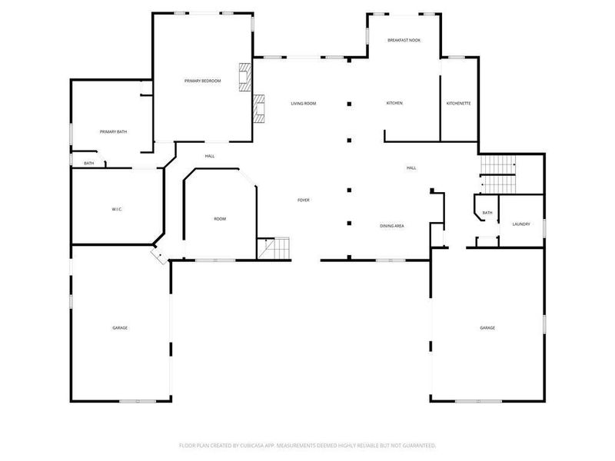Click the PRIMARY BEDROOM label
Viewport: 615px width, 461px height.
(x=202, y=81)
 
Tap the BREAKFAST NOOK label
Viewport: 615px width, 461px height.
(x=404, y=40)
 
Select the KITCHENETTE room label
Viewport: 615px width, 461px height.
(x=459, y=104)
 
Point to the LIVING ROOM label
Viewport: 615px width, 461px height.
(x=303, y=104)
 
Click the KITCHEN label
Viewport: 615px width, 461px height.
(x=394, y=104)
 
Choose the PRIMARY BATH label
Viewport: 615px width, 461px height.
(x=113, y=132)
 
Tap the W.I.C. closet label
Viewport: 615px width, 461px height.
(x=118, y=210)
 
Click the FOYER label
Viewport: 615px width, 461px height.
(x=304, y=201)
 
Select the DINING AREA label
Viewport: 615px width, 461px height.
(x=392, y=226)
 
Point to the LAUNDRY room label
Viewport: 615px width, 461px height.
(x=521, y=224)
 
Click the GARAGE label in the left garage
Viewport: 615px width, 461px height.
(x=120, y=328)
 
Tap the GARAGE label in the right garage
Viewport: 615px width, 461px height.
(x=487, y=328)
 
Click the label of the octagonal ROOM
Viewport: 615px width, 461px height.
(x=220, y=220)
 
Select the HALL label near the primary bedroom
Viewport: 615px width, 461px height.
(x=210, y=157)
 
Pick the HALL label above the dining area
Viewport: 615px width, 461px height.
(x=411, y=168)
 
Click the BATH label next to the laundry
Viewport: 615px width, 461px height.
(x=487, y=213)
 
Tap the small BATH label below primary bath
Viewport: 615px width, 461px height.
(x=89, y=164)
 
